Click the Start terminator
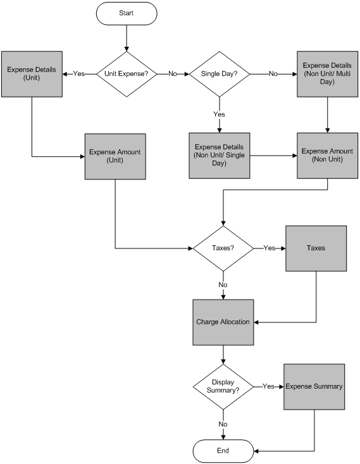127,13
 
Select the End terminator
223,451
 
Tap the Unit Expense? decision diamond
127,74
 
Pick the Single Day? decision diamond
220,74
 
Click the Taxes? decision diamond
223,248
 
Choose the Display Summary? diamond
223,386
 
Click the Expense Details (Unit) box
32,74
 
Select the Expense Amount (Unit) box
115,156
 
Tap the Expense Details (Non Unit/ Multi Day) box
328,74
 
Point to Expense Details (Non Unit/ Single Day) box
220,156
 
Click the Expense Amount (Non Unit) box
328,156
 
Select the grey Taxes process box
316,248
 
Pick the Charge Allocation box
223,322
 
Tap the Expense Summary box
314,386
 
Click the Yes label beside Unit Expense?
78,73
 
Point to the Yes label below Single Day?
219,114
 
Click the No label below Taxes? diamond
223,284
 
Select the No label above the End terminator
223,424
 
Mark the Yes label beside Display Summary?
268,386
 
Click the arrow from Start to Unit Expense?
127,38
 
